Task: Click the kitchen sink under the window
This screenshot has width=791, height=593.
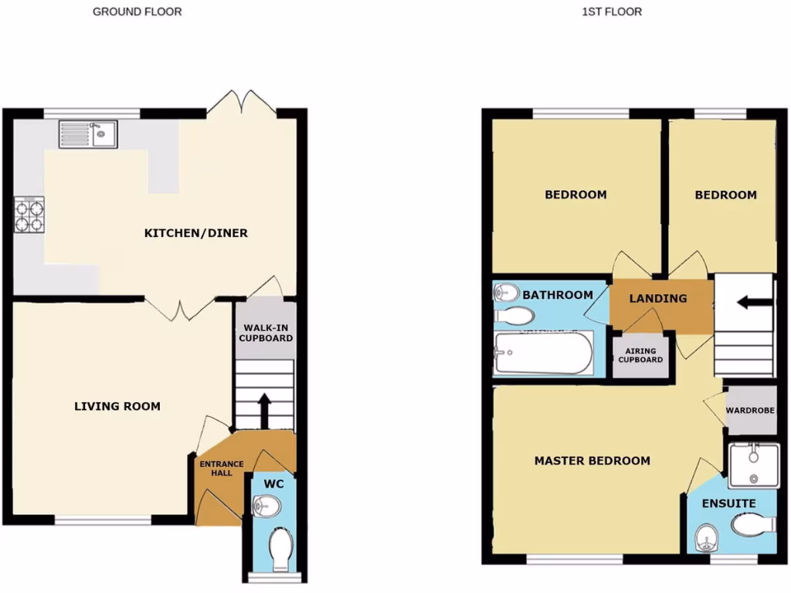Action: [x=87, y=135]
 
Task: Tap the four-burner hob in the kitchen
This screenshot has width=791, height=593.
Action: [x=29, y=215]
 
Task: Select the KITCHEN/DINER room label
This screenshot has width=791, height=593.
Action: [x=196, y=233]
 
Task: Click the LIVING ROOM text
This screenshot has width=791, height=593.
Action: [x=117, y=406]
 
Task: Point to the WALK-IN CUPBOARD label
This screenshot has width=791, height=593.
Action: [x=266, y=332]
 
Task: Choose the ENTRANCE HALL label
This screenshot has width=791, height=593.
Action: [x=222, y=468]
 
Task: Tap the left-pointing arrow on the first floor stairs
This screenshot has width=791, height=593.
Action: [x=753, y=302]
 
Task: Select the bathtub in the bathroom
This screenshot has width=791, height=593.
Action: [x=543, y=354]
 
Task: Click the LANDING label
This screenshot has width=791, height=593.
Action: [x=657, y=298]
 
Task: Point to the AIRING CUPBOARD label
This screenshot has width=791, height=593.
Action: [x=640, y=355]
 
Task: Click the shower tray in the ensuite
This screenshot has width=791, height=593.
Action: [x=752, y=465]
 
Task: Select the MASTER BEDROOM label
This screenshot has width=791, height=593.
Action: [x=592, y=461]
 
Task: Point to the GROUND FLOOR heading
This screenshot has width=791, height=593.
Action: [x=137, y=12]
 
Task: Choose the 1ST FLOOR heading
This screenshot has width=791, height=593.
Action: [x=613, y=12]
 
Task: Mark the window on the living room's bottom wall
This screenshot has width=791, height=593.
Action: [x=103, y=520]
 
